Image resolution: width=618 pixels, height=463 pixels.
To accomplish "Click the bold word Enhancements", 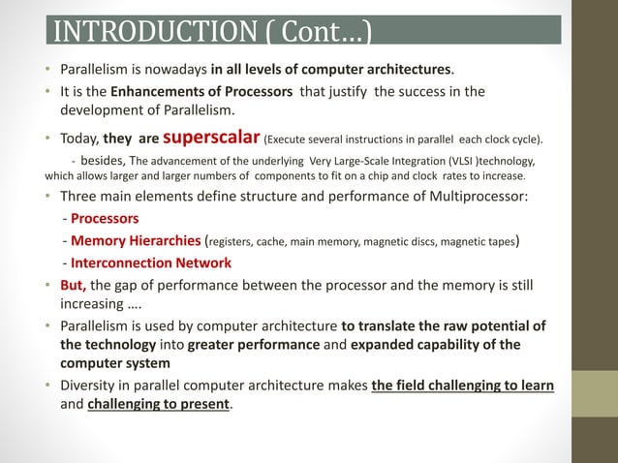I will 155,92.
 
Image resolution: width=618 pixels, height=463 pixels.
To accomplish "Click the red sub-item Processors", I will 104,218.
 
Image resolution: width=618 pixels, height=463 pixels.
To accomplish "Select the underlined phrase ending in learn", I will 463,386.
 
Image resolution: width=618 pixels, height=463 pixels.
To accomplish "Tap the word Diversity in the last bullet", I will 88,386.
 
